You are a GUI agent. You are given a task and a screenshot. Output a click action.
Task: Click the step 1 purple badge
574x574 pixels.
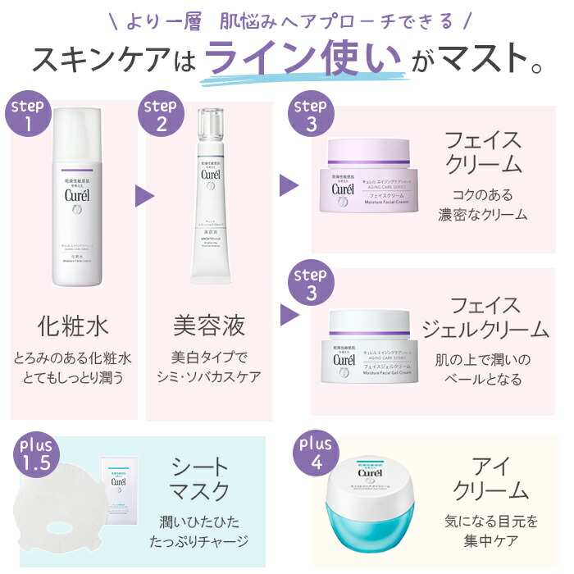point(30,116)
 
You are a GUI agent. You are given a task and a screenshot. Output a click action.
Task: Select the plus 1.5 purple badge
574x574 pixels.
point(35,451)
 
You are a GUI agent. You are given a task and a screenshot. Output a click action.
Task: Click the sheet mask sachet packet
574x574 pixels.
point(116,489)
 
